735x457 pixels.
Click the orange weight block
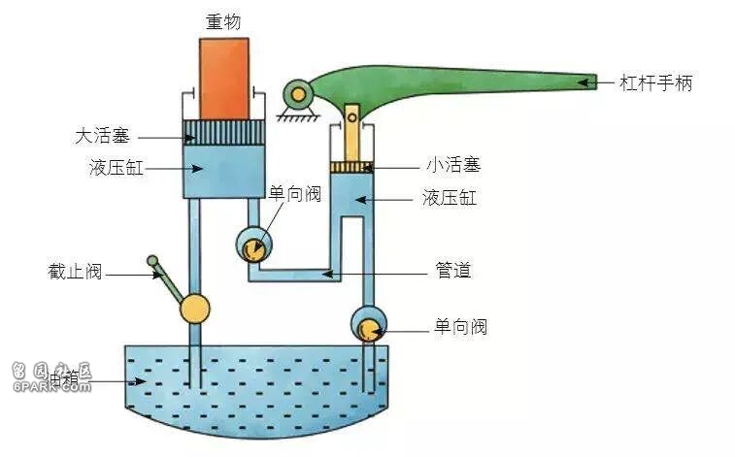point(223,77)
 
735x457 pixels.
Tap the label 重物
point(223,20)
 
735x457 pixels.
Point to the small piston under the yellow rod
point(351,167)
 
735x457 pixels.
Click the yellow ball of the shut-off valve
point(194,309)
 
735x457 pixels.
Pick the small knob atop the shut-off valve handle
point(152,260)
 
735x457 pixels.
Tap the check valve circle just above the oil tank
point(369,328)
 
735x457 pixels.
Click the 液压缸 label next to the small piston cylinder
point(450,199)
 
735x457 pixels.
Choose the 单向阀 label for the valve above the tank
point(459,328)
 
